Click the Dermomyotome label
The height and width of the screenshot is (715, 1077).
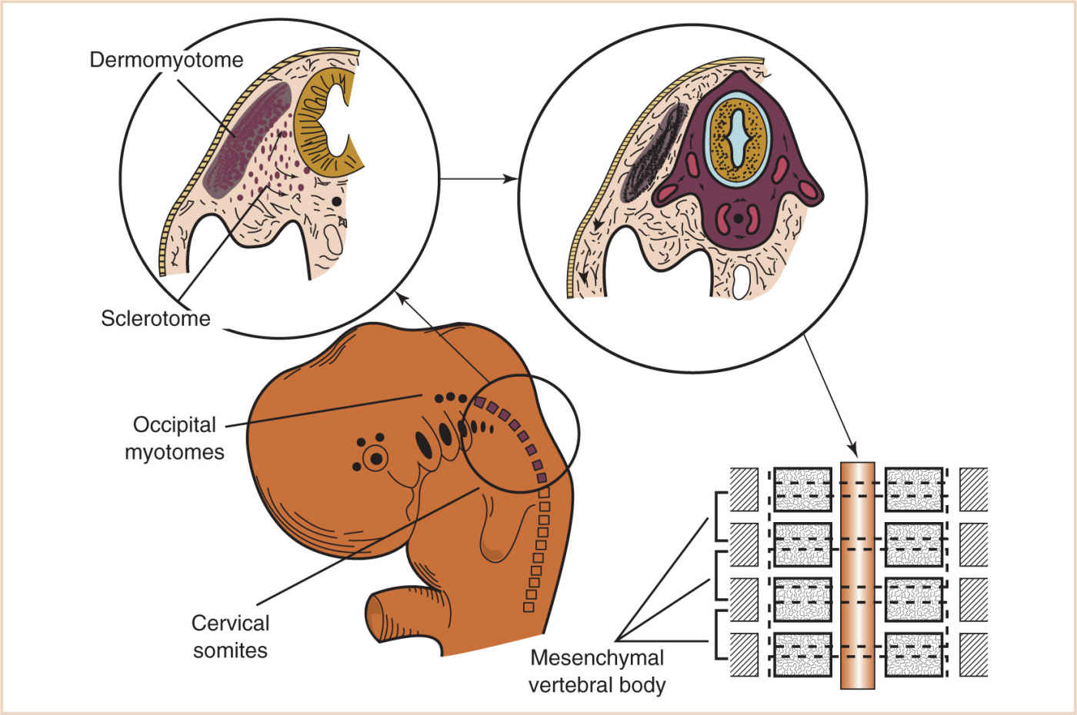tap(166, 60)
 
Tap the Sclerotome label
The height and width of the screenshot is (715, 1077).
tap(155, 318)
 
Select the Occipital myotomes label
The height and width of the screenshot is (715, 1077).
tap(175, 438)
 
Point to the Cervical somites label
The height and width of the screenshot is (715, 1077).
tap(230, 636)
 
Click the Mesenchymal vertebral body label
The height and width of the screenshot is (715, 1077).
tap(597, 671)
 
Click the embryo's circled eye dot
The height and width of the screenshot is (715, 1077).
tap(376, 459)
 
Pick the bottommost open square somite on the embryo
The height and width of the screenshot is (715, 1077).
tap(528, 607)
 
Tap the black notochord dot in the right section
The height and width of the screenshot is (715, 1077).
tap(739, 218)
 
